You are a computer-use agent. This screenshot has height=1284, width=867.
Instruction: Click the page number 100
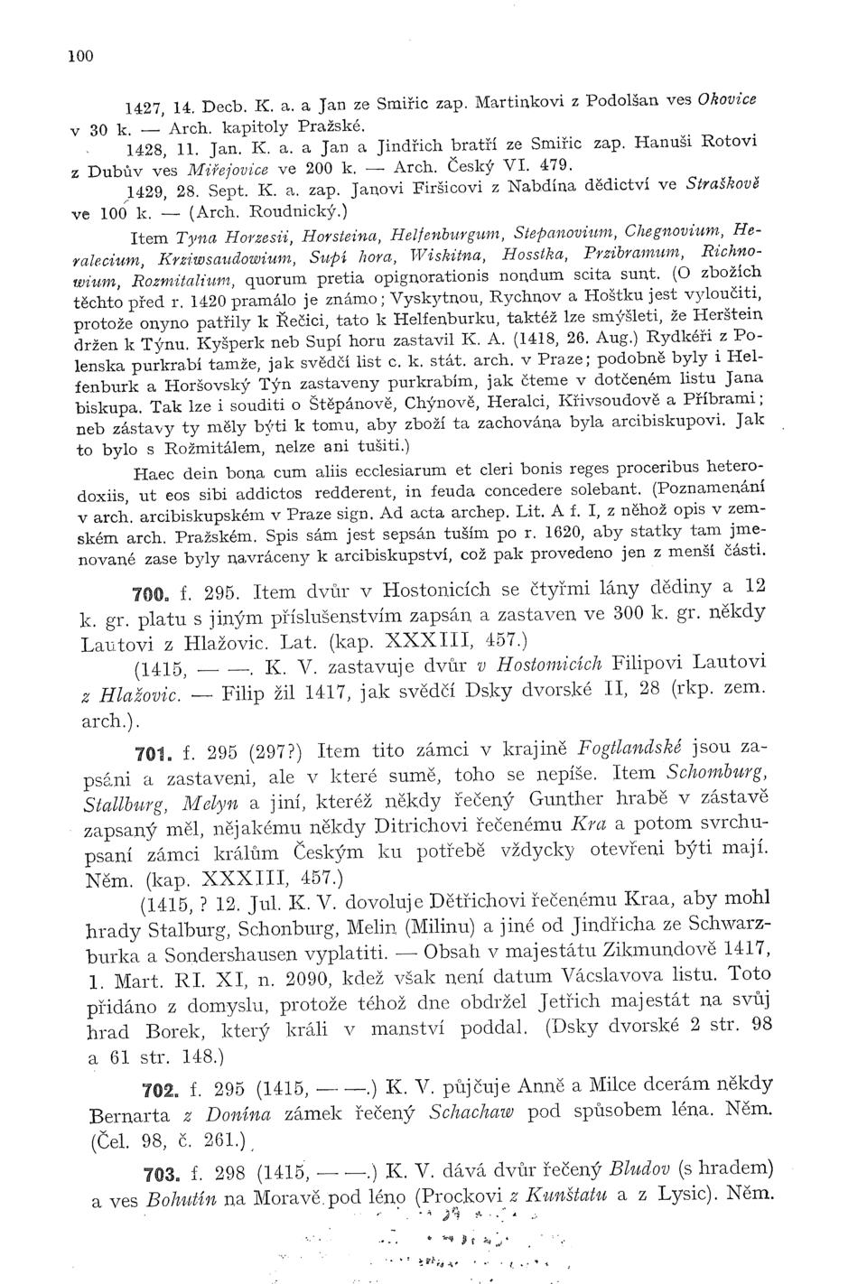click(x=80, y=55)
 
